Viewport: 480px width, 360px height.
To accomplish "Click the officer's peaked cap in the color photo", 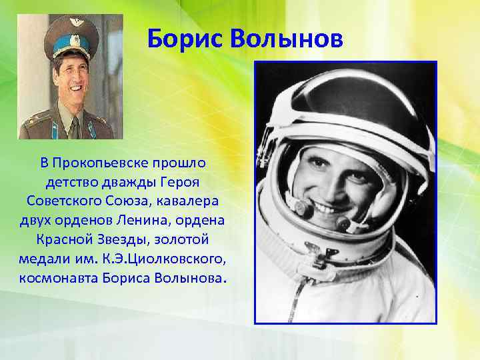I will point(66,37).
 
